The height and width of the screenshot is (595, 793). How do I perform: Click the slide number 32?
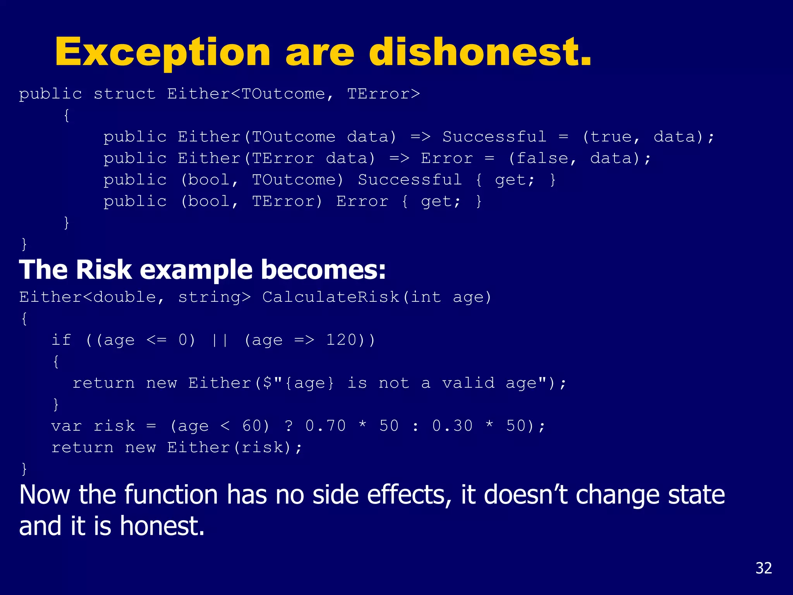tap(764, 568)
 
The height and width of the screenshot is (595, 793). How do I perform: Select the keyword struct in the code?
tap(124, 94)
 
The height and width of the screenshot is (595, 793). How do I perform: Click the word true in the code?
tap(611, 137)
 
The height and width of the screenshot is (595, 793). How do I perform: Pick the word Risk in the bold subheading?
tap(104, 270)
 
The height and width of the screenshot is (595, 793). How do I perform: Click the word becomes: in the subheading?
tap(323, 270)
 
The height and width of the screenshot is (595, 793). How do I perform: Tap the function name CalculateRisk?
tap(331, 297)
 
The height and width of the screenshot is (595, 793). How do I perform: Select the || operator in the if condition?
tap(220, 340)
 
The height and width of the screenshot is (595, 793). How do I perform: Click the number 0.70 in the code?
tap(325, 426)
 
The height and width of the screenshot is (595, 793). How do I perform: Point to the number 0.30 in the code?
tap(452, 426)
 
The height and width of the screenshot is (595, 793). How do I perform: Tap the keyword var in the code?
tap(66, 426)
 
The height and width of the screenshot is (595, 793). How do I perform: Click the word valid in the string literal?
tap(468, 383)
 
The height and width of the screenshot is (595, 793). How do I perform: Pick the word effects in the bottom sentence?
tap(409, 495)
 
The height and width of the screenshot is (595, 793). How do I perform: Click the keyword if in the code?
tap(61, 340)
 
